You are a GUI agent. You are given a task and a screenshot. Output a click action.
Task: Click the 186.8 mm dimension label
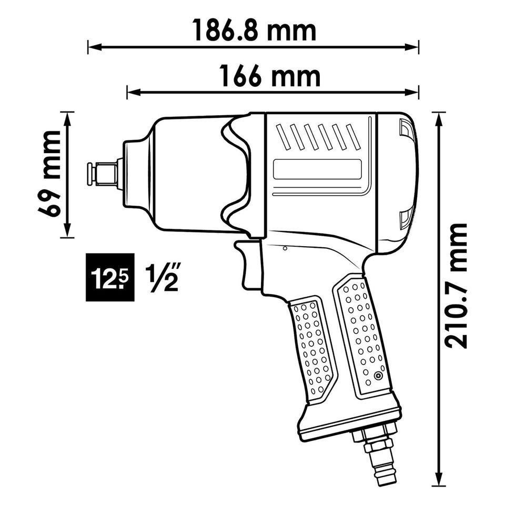(x=254, y=31)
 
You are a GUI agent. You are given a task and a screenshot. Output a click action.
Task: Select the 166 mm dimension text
(x=270, y=76)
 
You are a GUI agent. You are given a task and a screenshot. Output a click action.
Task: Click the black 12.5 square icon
(x=110, y=277)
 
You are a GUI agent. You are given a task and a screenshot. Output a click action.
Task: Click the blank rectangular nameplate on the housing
(x=317, y=169)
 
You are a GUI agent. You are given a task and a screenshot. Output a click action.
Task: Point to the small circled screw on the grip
(x=378, y=376)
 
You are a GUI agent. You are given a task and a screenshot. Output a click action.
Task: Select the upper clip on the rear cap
(x=406, y=127)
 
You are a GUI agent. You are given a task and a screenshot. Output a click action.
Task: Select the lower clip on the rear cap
(x=406, y=220)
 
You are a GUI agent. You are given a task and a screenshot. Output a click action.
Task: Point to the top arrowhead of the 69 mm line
(x=67, y=119)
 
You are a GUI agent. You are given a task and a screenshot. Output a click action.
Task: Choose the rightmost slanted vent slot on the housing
(x=353, y=137)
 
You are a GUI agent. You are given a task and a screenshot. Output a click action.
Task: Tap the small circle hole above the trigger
(x=285, y=248)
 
